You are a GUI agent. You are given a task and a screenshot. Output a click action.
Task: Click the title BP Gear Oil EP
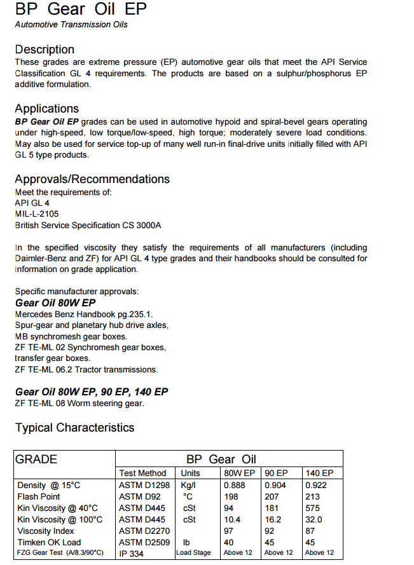(81, 10)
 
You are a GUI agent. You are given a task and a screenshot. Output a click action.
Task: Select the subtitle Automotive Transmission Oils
(71, 25)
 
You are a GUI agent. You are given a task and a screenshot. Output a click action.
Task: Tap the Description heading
(45, 50)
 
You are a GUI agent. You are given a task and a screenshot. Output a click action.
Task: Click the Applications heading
(47, 109)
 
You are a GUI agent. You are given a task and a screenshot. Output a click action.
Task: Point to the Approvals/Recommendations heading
(92, 179)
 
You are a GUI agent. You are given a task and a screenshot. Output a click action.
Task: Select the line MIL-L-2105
(37, 214)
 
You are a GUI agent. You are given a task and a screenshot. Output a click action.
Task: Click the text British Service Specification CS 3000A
(88, 225)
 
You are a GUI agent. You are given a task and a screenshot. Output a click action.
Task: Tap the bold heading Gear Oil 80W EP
(55, 303)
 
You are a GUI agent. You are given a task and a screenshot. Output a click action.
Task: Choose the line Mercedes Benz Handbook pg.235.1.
(84, 314)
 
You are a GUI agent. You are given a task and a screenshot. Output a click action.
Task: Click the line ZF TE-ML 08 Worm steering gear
(79, 403)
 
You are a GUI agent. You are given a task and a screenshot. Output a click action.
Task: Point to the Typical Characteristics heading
(75, 428)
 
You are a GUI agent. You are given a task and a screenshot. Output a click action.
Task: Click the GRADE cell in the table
(36, 459)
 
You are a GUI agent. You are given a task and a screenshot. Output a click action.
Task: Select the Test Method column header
(142, 473)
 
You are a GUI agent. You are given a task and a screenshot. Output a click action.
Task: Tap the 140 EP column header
(319, 473)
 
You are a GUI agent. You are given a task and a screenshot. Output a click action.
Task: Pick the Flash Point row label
(39, 496)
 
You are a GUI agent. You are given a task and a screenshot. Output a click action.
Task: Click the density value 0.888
(234, 486)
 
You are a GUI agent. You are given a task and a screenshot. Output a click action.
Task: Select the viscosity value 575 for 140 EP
(313, 508)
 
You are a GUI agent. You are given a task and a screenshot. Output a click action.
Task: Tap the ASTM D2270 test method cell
(144, 531)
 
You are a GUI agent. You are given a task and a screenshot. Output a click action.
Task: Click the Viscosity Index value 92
(270, 531)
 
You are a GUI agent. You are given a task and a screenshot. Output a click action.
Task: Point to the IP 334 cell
(132, 553)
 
